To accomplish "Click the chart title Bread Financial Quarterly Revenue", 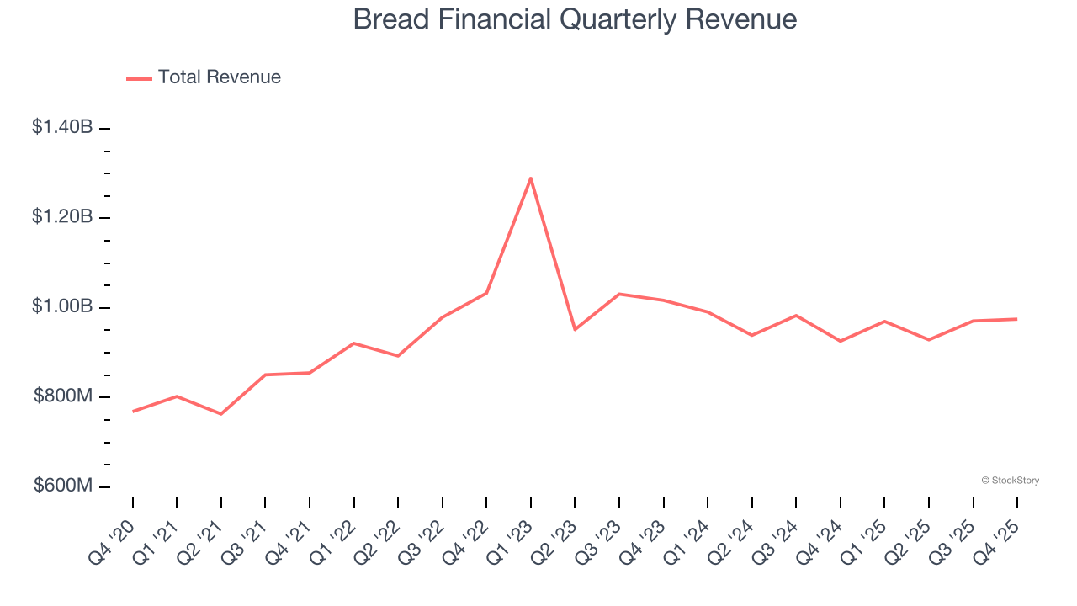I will (x=575, y=19).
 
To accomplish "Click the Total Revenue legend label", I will (x=219, y=77).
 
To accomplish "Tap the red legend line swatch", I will (x=139, y=78).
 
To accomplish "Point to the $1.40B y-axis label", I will (x=62, y=127).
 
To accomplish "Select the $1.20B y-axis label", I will (x=62, y=217).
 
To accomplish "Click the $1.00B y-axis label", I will (x=62, y=306).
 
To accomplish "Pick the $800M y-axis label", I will (x=63, y=396).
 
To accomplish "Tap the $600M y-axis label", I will (x=63, y=486).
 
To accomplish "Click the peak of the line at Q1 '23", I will (x=531, y=178).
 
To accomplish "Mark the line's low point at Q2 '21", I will (x=221, y=414).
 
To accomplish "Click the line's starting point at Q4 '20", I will (x=133, y=412).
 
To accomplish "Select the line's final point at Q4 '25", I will (x=1017, y=319).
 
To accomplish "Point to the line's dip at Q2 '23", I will (x=575, y=329).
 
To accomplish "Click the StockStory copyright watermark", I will (x=1010, y=481).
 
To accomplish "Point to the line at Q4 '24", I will (x=841, y=341).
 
